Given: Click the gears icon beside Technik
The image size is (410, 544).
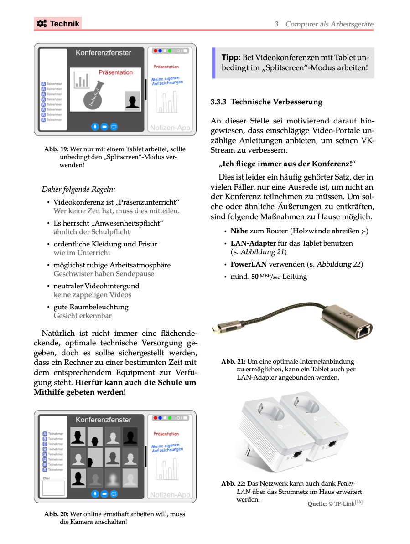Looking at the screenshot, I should (42, 24).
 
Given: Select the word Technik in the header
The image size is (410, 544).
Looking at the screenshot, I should (65, 24).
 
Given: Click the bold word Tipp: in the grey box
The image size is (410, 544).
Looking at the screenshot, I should (231, 57).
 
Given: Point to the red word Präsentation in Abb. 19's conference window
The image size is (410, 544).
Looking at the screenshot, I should (116, 72).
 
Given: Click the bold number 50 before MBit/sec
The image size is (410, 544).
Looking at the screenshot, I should (255, 277).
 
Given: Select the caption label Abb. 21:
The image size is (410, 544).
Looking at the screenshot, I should (233, 361).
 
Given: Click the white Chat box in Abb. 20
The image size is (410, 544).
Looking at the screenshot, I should (53, 488).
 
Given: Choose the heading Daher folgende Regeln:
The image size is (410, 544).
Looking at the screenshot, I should (78, 189).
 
